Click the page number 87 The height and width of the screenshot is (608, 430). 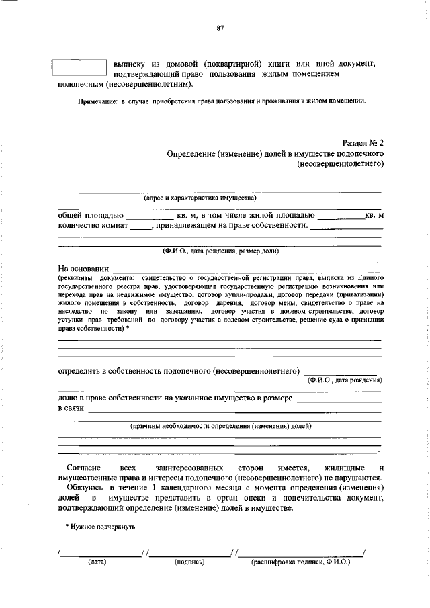(x=220, y=28)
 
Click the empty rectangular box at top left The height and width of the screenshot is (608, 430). (x=79, y=67)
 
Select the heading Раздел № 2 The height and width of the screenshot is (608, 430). (x=362, y=143)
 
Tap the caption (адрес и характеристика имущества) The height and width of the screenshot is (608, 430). (x=200, y=198)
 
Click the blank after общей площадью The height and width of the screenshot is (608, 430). (x=149, y=216)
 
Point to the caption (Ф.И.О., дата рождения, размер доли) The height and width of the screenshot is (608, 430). (x=220, y=251)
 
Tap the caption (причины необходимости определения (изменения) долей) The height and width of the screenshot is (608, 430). (x=220, y=426)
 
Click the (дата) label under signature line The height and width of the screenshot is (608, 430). (x=97, y=562)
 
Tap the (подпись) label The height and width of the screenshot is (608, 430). (x=189, y=562)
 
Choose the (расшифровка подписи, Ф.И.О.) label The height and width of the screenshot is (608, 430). (x=300, y=562)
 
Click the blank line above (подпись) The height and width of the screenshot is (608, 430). (x=189, y=554)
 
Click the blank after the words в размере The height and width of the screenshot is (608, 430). (x=339, y=400)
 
